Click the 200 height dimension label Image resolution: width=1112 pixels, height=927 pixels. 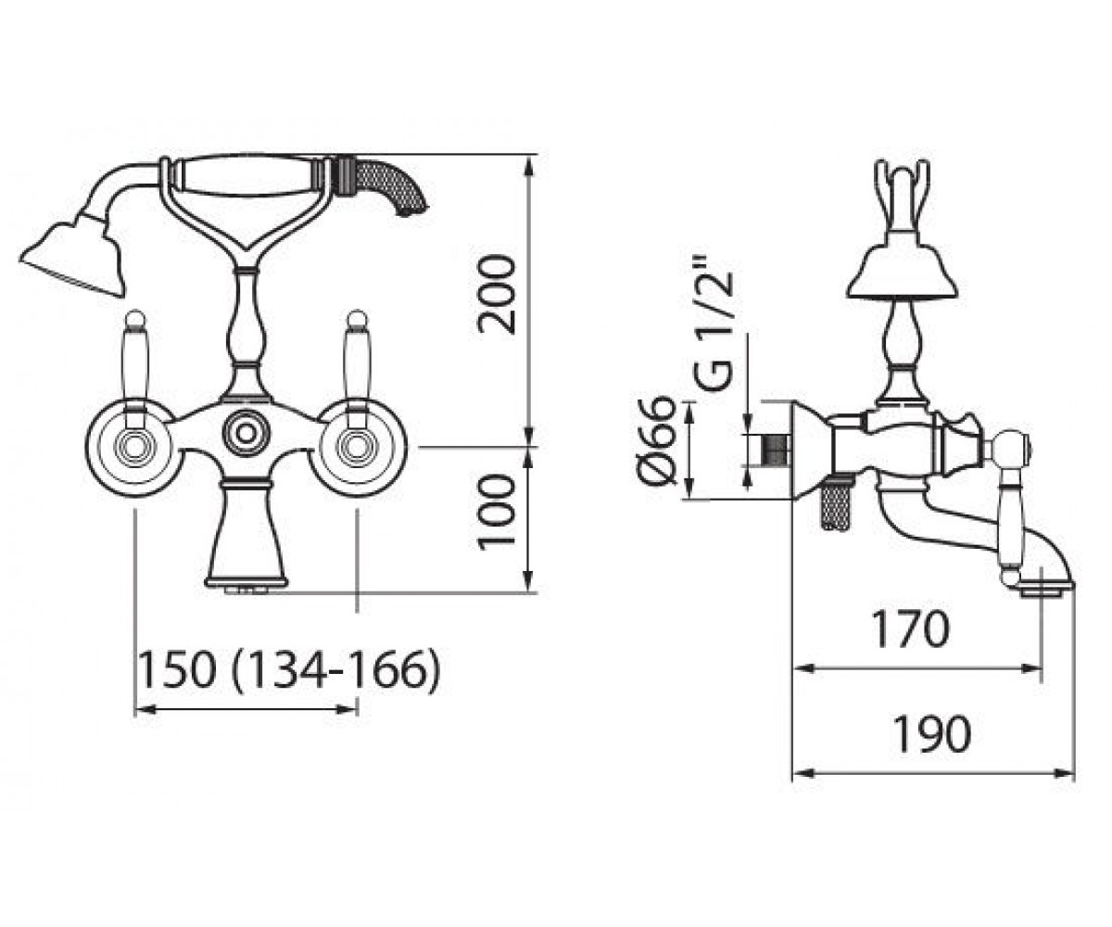pos(497,294)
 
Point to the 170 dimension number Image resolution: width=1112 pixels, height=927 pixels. pos(910,629)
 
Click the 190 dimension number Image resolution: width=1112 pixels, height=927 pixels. pos(931,733)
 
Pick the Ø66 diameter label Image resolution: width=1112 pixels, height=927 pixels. pos(657,440)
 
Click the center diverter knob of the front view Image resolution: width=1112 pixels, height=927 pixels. pos(246,433)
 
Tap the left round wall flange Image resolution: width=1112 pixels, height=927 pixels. pos(131,450)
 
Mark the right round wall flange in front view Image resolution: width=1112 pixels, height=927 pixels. pos(357,450)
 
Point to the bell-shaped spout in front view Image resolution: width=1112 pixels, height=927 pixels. pos(246,536)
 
